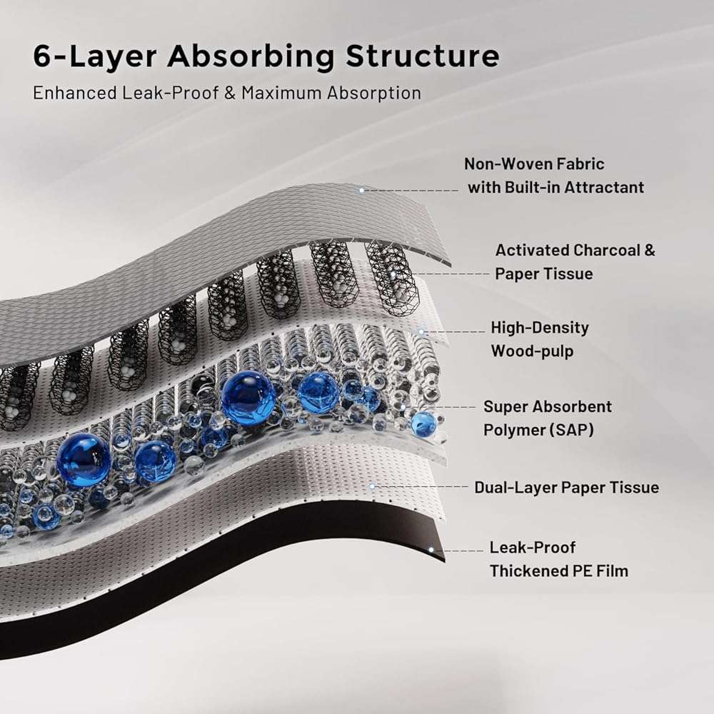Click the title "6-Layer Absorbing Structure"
pos(266,57)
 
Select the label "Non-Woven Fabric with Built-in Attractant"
pos(555,176)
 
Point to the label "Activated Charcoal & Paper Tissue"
pos(575,262)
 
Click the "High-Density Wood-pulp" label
pos(539,339)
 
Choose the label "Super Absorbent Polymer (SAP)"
pos(547,418)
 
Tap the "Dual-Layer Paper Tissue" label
pos(566,488)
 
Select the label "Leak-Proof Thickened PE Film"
pos(558,559)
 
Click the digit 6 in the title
pos(44,57)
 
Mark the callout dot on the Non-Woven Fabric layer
pos(362,190)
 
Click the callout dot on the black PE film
pos(431,550)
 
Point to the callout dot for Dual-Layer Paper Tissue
pos(372,486)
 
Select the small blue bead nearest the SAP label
pos(423,424)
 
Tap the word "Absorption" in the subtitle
pos(386,93)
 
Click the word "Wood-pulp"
pos(532,351)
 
